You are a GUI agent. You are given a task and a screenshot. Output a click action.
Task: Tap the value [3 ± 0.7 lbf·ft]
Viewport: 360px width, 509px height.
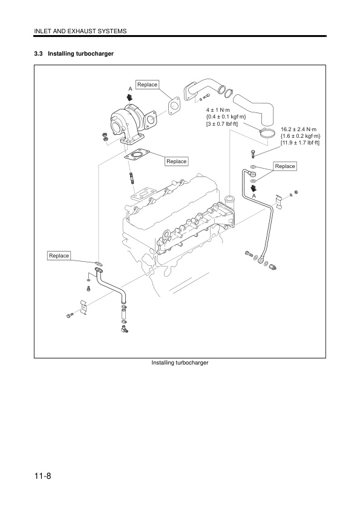coord(222,123)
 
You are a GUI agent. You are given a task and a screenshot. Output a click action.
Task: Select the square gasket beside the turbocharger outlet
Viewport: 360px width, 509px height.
coord(174,106)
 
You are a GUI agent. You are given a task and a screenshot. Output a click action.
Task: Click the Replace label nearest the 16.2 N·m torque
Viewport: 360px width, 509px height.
coord(284,166)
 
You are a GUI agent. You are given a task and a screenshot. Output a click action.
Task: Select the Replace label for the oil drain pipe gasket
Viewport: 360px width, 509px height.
coord(59,256)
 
